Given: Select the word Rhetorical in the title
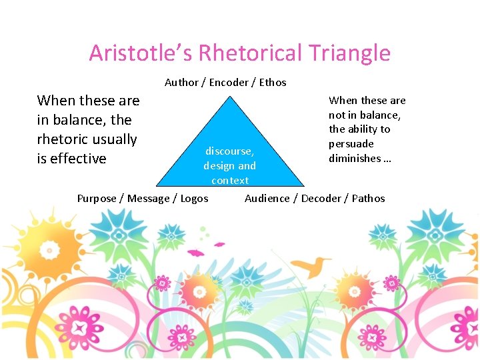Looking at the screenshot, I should click(243, 53).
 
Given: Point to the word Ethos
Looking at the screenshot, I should click(272, 83).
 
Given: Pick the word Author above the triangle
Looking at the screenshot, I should click(181, 83).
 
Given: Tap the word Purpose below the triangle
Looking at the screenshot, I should click(97, 198).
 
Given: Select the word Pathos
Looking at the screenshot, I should click(369, 198).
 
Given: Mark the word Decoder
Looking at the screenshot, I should click(322, 198).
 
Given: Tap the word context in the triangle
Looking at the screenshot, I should click(230, 181).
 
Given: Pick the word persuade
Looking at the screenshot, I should click(351, 144).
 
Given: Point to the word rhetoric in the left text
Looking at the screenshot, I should click(67, 139).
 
